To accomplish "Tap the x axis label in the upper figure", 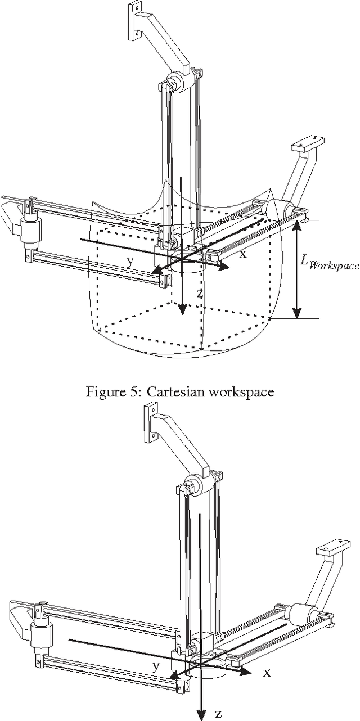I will click(243, 254).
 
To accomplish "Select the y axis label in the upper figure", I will click(130, 261).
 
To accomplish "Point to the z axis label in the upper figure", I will click(200, 293).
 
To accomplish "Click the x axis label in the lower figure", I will click(267, 672).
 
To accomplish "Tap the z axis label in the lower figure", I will click(218, 714).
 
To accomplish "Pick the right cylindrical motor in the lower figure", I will click(301, 614).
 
